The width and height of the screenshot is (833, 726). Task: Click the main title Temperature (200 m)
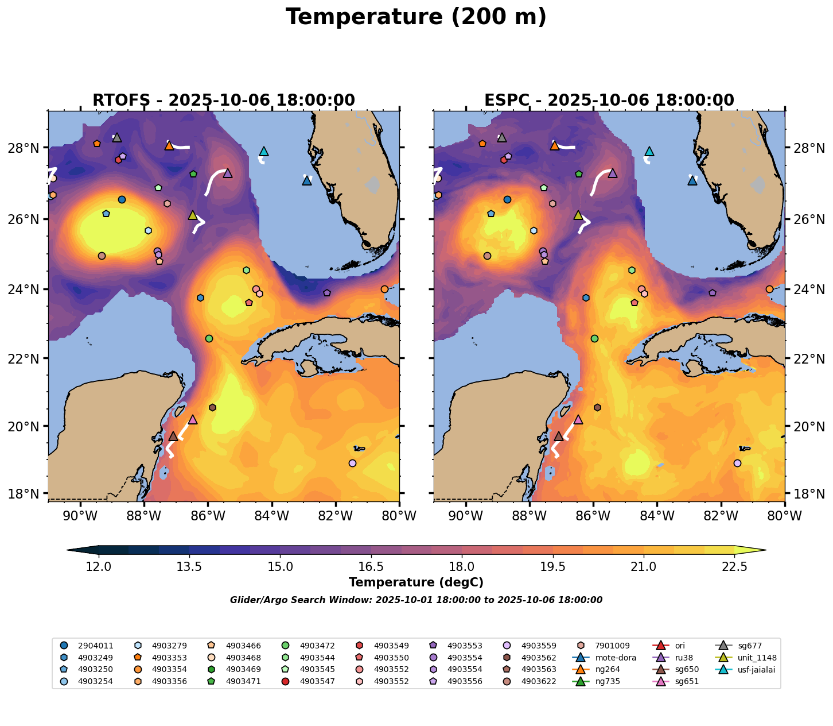tap(416, 17)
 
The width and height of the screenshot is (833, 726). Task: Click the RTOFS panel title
tap(224, 101)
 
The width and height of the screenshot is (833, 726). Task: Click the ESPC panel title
tap(609, 101)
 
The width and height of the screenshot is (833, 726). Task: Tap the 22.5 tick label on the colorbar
tap(734, 567)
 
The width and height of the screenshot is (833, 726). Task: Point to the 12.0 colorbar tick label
tap(99, 567)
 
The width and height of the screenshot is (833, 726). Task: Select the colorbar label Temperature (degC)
tap(416, 582)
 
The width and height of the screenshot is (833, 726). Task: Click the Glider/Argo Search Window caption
tap(416, 600)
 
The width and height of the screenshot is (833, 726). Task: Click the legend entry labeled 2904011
tap(95, 646)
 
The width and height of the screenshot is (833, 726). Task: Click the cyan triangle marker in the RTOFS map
tap(264, 152)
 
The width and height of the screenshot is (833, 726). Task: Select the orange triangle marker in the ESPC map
tap(555, 146)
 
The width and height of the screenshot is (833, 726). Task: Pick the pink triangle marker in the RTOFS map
tap(193, 420)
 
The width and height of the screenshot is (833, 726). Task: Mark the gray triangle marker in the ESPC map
tap(502, 138)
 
